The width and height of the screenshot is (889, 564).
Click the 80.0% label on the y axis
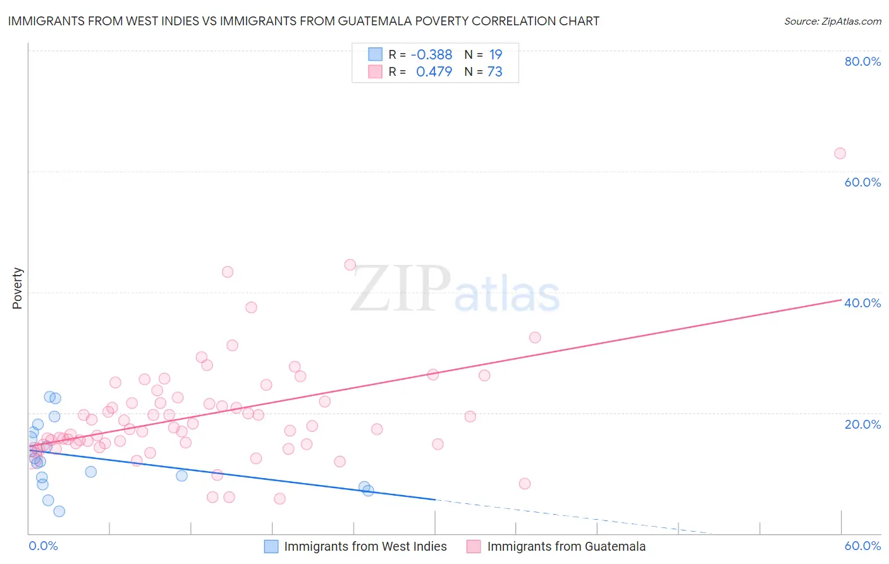[x=862, y=61]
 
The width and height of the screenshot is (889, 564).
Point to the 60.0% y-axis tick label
[x=862, y=182]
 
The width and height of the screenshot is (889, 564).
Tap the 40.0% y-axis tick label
[x=862, y=303]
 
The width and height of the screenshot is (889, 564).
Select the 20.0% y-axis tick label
[x=862, y=424]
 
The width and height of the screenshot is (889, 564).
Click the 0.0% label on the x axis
[x=43, y=546]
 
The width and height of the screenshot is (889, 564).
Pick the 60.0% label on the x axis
[x=862, y=546]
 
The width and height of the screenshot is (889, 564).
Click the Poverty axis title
[x=17, y=288]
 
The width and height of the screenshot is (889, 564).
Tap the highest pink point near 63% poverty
[x=840, y=153]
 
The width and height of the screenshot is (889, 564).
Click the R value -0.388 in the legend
[x=431, y=55]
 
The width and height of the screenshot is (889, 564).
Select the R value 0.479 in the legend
[x=434, y=72]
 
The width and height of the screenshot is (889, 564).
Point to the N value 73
[x=494, y=72]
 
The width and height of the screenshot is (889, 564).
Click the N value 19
[x=495, y=55]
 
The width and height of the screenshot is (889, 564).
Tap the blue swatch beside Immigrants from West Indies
[x=271, y=546]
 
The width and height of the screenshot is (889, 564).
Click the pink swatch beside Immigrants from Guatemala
[x=474, y=546]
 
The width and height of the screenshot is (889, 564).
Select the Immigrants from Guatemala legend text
[x=566, y=546]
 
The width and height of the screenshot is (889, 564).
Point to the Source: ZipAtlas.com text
[x=832, y=21]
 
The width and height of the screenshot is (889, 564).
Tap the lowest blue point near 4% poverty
[x=59, y=511]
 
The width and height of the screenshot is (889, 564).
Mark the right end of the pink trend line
[x=841, y=300]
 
